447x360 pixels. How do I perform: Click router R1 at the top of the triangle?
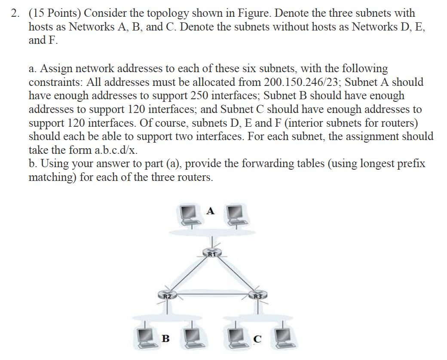click(x=211, y=253)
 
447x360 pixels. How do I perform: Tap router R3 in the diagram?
click(x=257, y=295)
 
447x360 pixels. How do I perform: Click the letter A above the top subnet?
click(x=210, y=211)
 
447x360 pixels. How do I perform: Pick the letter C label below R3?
click(x=257, y=339)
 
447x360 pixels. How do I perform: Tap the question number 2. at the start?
click(x=16, y=13)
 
